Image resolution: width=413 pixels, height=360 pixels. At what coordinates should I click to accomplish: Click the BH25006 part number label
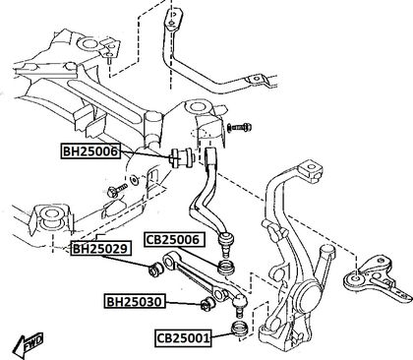89,151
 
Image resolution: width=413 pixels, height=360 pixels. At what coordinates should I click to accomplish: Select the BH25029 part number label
100,249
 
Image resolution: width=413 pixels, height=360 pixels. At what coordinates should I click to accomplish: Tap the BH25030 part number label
135,301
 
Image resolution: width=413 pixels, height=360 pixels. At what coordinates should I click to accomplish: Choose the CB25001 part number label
183,337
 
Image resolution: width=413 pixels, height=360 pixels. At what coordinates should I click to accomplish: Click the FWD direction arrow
29,345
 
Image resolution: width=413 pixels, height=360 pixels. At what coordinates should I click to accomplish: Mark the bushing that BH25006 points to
183,158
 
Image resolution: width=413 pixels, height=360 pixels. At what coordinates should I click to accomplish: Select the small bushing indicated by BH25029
155,269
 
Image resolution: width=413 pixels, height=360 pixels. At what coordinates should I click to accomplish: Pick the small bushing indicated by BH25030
207,304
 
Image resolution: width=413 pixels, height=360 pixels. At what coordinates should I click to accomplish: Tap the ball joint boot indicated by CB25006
226,268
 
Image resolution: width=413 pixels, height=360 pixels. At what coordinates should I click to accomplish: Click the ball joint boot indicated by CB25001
240,329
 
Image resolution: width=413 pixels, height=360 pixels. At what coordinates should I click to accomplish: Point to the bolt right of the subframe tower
240,127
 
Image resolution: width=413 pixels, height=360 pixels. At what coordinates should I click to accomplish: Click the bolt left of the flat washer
117,190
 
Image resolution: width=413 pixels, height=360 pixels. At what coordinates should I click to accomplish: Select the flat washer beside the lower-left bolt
134,180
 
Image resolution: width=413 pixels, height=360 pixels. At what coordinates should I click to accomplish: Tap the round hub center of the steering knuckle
309,295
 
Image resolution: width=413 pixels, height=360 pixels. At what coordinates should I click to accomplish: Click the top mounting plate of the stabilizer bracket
174,17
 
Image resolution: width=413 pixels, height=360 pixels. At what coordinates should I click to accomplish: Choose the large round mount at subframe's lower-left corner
51,216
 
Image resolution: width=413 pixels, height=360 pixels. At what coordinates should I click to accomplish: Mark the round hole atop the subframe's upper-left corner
88,44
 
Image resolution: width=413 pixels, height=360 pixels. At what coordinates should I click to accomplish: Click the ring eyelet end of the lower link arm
169,261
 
